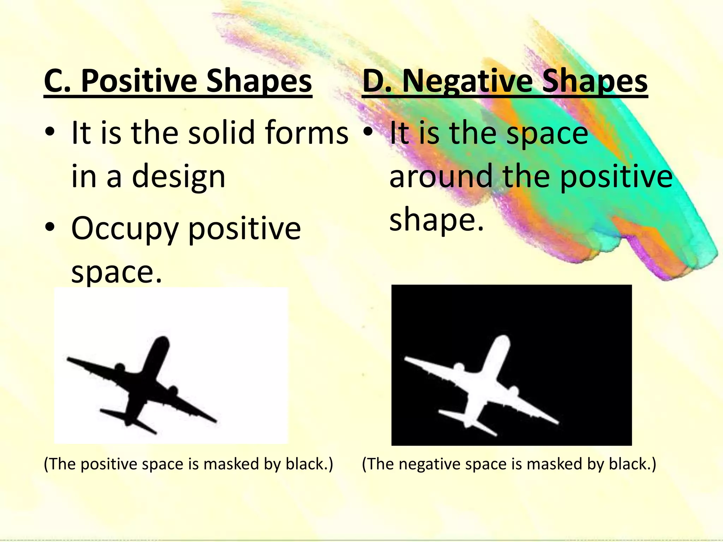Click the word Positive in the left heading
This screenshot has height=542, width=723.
coord(139,82)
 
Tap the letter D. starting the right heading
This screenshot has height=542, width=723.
coord(377,82)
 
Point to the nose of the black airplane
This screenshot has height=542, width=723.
coord(163,340)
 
